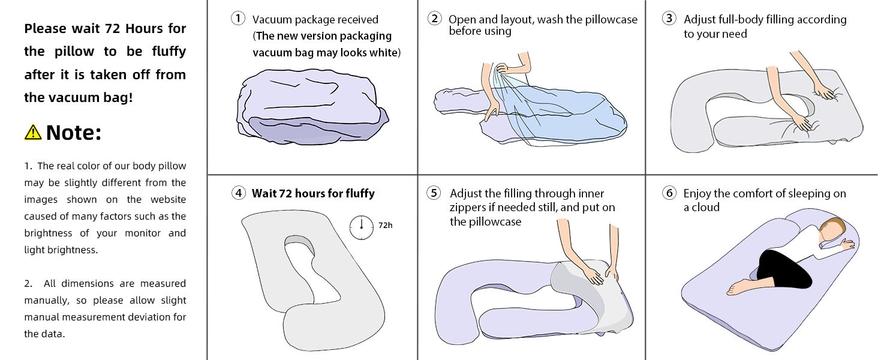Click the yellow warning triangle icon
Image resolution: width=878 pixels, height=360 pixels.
click(x=33, y=132)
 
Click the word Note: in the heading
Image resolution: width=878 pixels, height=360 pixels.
click(x=73, y=133)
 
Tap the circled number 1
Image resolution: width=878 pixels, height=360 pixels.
click(x=238, y=19)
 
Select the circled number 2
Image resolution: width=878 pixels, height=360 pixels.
click(x=435, y=19)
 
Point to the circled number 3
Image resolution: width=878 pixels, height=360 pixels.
click(x=669, y=19)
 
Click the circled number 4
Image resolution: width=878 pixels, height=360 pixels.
click(x=238, y=193)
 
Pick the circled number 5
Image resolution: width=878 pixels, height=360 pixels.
click(x=434, y=193)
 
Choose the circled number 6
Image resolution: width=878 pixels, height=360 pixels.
click(x=669, y=193)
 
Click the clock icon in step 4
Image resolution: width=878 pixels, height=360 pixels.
click(x=362, y=226)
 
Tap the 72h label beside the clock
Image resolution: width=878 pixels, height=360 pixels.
click(x=386, y=226)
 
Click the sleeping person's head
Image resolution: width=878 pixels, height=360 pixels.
click(x=834, y=231)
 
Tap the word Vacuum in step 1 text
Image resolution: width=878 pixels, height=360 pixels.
click(x=273, y=20)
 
